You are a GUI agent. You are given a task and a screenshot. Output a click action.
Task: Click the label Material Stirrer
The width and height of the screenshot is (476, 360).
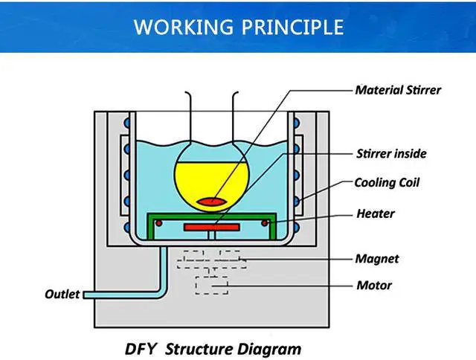coord(398,90)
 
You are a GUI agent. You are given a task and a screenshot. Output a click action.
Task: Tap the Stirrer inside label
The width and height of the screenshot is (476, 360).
coord(391,153)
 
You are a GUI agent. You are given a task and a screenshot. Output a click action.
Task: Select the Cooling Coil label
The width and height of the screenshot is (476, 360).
coord(387,183)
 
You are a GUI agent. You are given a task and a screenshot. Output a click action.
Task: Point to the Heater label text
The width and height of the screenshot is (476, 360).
coord(376,213)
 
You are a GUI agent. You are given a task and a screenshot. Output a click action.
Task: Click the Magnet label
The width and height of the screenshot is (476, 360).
coord(377,259)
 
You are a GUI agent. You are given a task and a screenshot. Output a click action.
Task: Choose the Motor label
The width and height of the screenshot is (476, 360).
coord(374,286)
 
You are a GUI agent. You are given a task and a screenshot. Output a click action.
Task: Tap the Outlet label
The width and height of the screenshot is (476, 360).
coord(62,294)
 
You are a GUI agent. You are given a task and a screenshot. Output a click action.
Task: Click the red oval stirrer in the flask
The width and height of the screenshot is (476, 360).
coord(211,202)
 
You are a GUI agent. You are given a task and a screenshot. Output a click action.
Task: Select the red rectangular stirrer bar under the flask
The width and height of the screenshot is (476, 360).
coord(212,227)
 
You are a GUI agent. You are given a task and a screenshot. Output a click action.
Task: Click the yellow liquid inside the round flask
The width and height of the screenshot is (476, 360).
coord(211,182)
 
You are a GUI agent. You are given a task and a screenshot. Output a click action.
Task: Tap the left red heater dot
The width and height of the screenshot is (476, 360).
coord(158,223)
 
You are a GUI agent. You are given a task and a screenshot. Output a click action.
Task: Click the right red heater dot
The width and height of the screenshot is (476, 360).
coord(265,223)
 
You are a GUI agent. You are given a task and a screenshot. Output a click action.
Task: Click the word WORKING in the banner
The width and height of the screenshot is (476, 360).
coord(184,27)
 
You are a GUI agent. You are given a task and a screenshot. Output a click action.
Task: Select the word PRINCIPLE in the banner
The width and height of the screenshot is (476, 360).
coord(292,27)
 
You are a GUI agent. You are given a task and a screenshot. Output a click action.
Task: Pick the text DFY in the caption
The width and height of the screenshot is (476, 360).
coord(141,349)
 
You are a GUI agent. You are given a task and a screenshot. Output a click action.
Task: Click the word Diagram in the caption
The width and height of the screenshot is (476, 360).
coord(269,350)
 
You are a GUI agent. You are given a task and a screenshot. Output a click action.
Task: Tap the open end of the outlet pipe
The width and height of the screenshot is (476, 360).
coord(84,295)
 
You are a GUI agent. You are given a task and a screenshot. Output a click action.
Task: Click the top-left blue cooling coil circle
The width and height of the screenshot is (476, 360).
coord(127,123)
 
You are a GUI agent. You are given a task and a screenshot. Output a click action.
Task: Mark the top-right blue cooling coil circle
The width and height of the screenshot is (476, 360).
coord(296,123)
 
